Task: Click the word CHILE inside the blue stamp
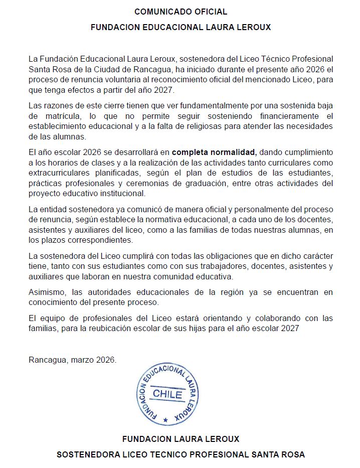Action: [x=167, y=394]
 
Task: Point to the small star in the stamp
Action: [x=165, y=419]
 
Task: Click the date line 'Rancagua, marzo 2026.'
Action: [x=73, y=360]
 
